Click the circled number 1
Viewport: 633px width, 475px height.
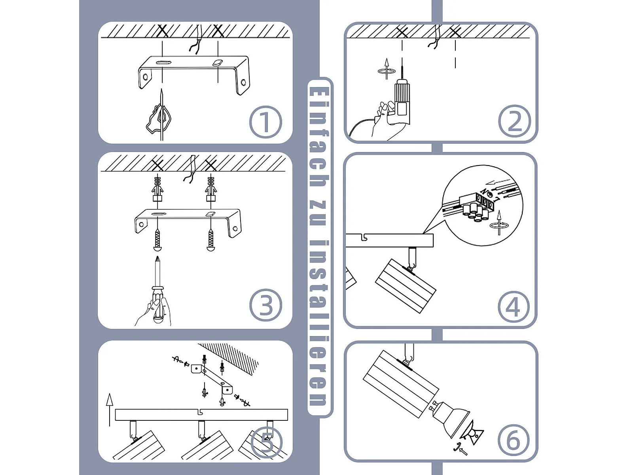point(265,122)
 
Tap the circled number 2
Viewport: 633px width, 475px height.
point(514,121)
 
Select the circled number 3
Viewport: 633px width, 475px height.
point(265,305)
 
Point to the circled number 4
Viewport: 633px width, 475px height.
point(514,307)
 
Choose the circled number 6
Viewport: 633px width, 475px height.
point(514,441)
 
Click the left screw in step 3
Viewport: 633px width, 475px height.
point(157,240)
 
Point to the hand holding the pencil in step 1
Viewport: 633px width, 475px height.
point(159,119)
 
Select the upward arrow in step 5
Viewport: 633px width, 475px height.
point(109,410)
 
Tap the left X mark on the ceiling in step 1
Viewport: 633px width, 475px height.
point(163,31)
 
